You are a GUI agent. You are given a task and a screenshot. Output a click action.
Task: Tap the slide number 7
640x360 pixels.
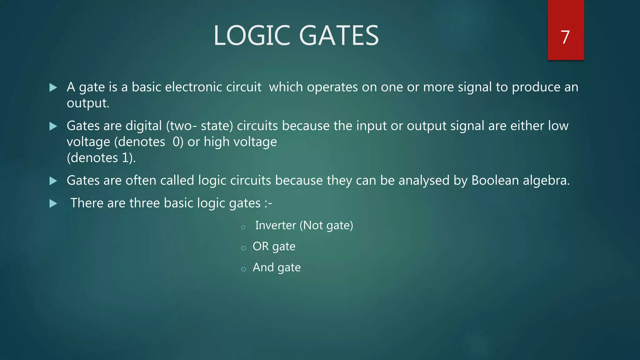pos(565,37)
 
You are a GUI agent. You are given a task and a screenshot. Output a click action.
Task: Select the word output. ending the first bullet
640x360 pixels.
pos(88,103)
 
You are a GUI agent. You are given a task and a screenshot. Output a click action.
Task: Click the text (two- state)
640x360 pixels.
pos(199,126)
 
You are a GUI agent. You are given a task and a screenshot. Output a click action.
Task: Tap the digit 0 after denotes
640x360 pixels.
pos(176,142)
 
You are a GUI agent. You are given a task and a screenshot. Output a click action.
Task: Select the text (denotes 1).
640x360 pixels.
pos(101,158)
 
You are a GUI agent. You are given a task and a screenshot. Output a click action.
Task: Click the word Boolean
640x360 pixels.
pos(495,181)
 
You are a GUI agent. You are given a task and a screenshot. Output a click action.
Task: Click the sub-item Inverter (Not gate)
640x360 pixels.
pos(304,225)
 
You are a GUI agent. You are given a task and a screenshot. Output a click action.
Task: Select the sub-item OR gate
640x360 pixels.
pos(274,247)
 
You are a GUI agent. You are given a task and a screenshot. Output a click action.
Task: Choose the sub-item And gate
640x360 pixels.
pos(277,267)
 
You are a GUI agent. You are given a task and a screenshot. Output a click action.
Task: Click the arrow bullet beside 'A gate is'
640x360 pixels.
pos(53,87)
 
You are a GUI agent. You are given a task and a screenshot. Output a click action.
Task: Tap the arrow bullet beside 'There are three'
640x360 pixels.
pos(53,204)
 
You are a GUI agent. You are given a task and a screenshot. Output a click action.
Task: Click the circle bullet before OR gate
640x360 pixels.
pos(243,248)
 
